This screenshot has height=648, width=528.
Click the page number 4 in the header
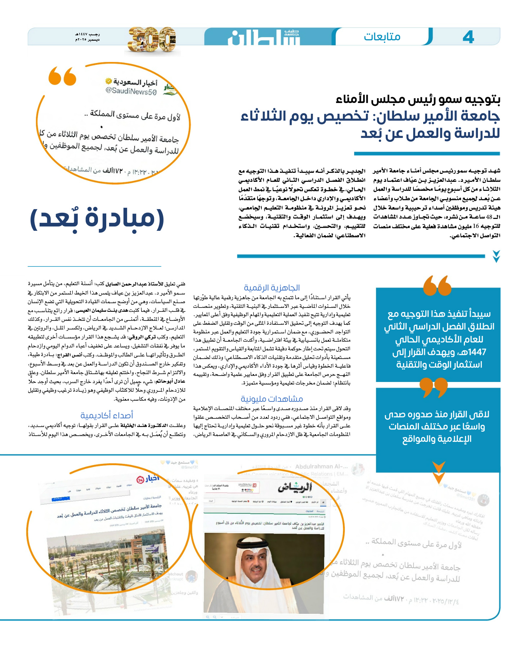click(468, 37)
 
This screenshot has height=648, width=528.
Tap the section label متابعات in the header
click(382, 37)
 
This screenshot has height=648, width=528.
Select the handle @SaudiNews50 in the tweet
click(131, 91)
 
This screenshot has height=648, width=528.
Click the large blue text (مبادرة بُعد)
click(97, 219)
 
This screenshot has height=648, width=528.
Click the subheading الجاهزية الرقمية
click(272, 288)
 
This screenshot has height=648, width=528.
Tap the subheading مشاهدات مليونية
click(272, 399)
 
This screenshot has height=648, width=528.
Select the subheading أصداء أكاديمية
click(107, 415)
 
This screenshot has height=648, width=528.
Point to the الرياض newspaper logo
click(295, 487)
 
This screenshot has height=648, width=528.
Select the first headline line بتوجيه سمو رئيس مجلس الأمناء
click(418, 99)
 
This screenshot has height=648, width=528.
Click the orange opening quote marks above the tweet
click(62, 76)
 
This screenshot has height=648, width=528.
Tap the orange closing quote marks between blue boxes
click(434, 387)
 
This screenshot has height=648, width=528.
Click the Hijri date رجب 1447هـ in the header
click(87, 34)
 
